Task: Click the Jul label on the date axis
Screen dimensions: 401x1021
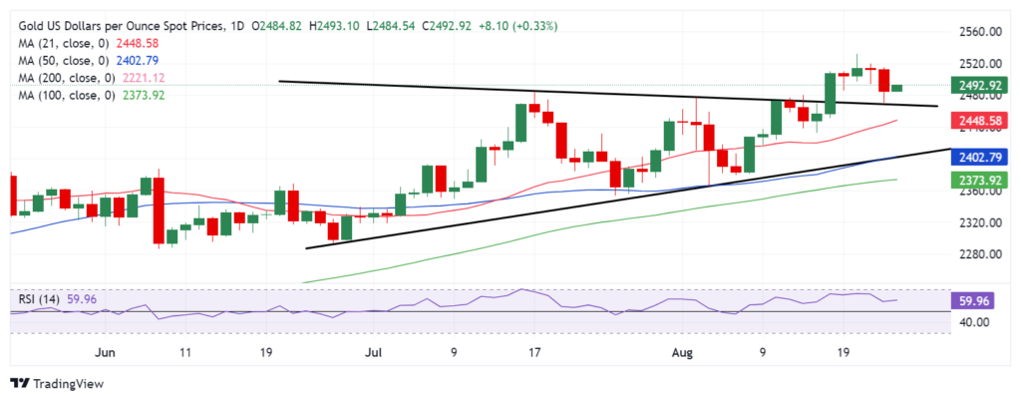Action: tap(373, 352)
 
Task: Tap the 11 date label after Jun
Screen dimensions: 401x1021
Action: tap(184, 352)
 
